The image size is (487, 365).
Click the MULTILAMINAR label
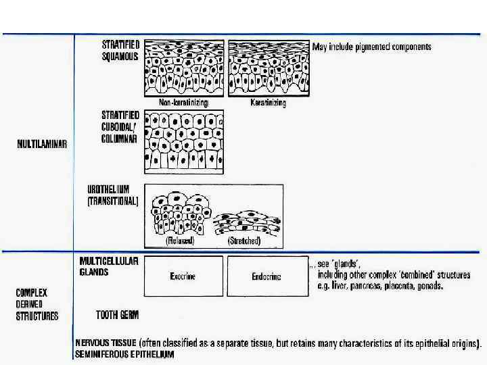pyautogui.click(x=41, y=145)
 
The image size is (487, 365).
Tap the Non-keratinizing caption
pyautogui.click(x=183, y=103)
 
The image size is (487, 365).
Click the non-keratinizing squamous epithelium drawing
pyautogui.click(x=184, y=68)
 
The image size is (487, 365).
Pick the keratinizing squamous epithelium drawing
pyautogui.click(x=268, y=68)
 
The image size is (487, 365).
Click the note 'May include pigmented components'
pyautogui.click(x=371, y=47)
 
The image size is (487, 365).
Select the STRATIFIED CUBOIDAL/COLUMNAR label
pyautogui.click(x=120, y=126)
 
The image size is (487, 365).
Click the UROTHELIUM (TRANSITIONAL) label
pyautogui.click(x=112, y=195)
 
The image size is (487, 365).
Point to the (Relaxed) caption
pyautogui.click(x=180, y=240)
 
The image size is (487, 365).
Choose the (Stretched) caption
pyautogui.click(x=245, y=240)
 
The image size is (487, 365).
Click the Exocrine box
pyautogui.click(x=183, y=276)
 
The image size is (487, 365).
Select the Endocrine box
pyautogui.click(x=266, y=276)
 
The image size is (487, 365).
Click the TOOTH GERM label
pyautogui.click(x=117, y=314)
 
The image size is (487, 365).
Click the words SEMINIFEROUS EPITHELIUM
pyautogui.click(x=124, y=354)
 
